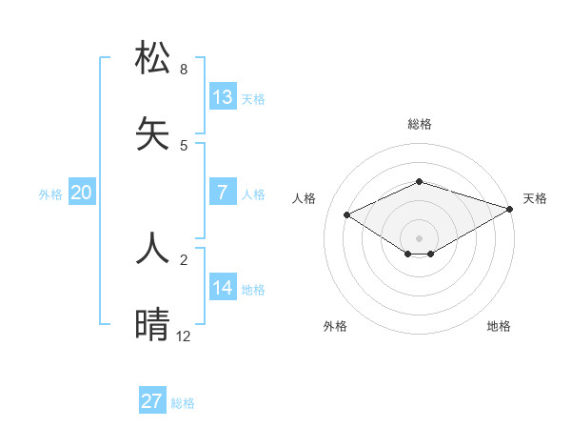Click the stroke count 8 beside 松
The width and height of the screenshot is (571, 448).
click(x=184, y=70)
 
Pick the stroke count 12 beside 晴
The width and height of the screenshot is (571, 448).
click(x=184, y=336)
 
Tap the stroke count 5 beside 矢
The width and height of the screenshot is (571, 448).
click(x=184, y=146)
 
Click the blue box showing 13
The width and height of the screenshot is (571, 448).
click(x=223, y=97)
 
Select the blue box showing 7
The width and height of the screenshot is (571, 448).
click(x=223, y=193)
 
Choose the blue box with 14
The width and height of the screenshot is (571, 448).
click(x=223, y=288)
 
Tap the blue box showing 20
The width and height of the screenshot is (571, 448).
click(x=82, y=193)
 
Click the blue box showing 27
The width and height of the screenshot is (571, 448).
click(x=152, y=401)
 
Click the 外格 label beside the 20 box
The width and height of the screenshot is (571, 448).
click(x=50, y=194)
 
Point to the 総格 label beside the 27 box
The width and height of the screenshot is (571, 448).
click(x=183, y=403)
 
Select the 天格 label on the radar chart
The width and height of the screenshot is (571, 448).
click(x=535, y=198)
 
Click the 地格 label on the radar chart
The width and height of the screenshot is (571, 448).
click(x=499, y=326)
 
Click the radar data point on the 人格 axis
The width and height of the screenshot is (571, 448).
click(x=347, y=214)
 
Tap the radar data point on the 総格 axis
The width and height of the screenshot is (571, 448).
click(x=419, y=181)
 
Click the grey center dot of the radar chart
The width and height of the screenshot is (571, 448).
click(x=419, y=237)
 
